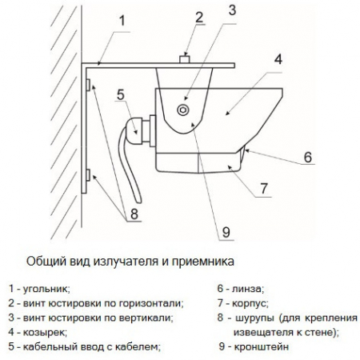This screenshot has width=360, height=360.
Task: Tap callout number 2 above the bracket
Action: tap(199, 18)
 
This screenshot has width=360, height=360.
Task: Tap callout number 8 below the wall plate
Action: tap(134, 214)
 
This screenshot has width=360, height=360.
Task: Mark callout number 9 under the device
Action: tap(225, 232)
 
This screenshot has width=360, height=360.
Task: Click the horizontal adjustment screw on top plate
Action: tap(183, 58)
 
